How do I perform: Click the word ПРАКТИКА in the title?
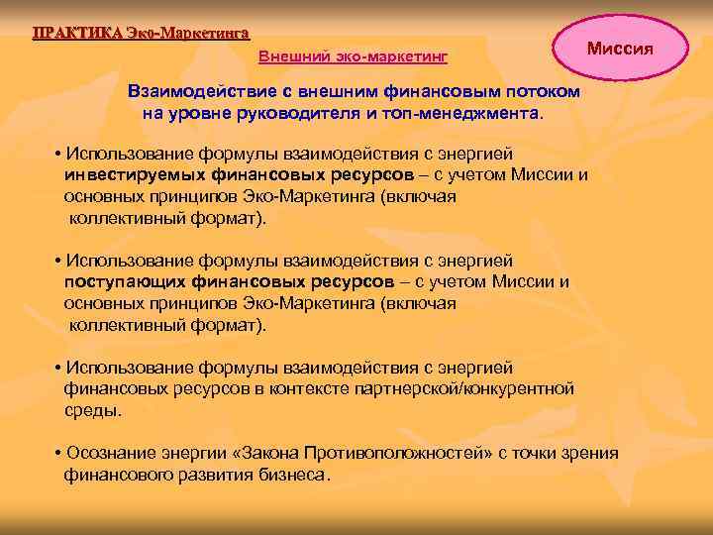point(78,31)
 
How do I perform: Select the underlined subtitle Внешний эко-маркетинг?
point(354,57)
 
